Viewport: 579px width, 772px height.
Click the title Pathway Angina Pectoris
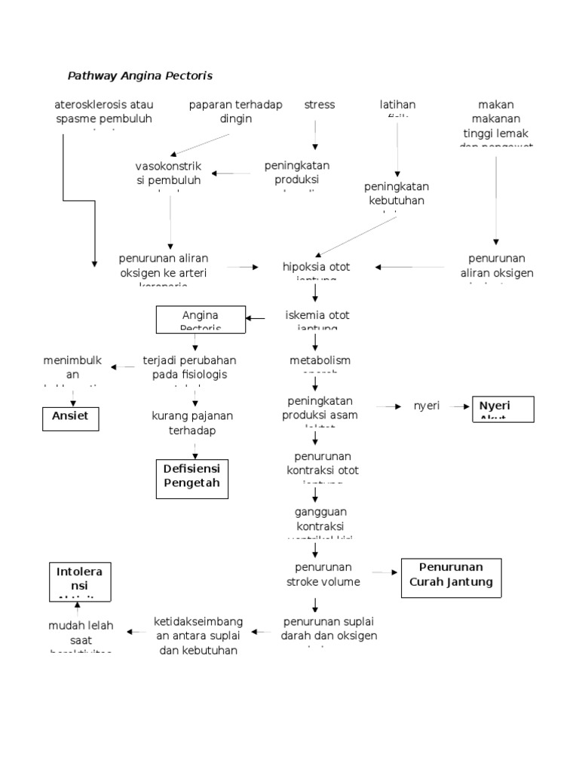pos(140,75)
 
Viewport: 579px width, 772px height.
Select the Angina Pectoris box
pos(201,319)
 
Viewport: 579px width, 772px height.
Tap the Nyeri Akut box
pos(502,409)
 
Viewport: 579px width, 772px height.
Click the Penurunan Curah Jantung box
pos(451,577)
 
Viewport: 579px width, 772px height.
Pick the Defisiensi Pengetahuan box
pos(191,478)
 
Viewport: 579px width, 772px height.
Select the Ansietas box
pos(69,417)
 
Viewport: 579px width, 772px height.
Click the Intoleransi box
pos(79,581)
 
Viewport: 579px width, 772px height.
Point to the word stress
pos(319,105)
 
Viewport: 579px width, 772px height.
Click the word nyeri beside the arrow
pos(427,406)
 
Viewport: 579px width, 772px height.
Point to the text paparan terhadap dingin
pos(235,112)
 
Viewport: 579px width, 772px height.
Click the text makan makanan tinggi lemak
pos(497,121)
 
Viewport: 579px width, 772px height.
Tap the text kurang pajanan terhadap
pos(191,422)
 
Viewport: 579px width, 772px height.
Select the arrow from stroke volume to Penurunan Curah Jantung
pos(384,573)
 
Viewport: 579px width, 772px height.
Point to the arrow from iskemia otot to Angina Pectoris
pos(256,318)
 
